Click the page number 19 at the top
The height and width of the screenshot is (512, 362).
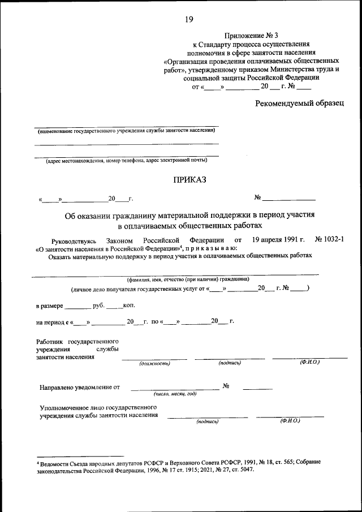[x=189, y=20]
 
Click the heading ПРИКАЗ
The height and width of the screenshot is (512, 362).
[x=186, y=180]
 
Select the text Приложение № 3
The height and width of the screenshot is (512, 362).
[x=248, y=35]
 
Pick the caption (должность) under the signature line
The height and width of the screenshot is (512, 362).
[x=154, y=364]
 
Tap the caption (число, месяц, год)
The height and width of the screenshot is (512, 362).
[x=175, y=393]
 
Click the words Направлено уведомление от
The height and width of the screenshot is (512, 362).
[x=80, y=388]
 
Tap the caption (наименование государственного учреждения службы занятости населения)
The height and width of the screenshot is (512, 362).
[x=126, y=131]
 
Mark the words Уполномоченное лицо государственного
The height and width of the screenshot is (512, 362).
[x=98, y=407]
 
